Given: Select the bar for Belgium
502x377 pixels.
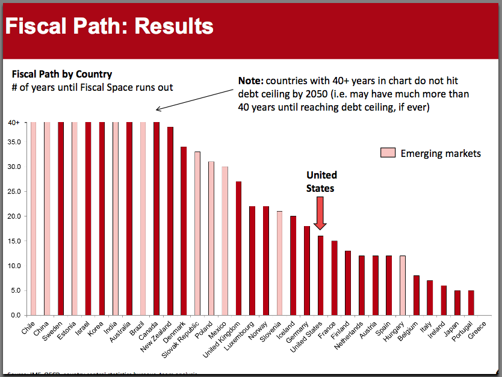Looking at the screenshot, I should coord(416,295).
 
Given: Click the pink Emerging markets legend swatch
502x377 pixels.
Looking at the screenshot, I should coord(388,153).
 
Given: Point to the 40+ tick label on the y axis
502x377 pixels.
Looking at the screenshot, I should coord(13,123).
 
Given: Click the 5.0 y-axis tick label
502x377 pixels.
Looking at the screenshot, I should coord(16,290).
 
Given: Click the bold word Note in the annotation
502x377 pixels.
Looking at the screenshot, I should coord(250,80).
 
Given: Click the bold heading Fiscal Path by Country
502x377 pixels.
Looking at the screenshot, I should coord(62,74).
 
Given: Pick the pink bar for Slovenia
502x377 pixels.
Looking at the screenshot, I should coord(279,263).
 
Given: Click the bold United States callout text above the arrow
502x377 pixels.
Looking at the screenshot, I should coord(321,182).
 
